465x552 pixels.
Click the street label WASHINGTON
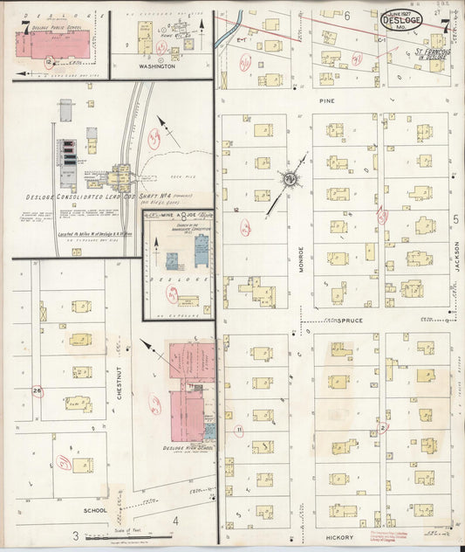pos(158,66)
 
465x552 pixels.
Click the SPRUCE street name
pos(342,321)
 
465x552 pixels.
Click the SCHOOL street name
pos(94,510)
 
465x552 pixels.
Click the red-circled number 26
pos(37,390)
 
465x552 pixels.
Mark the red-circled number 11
pos(238,430)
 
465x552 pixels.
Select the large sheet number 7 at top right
pos(445,24)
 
